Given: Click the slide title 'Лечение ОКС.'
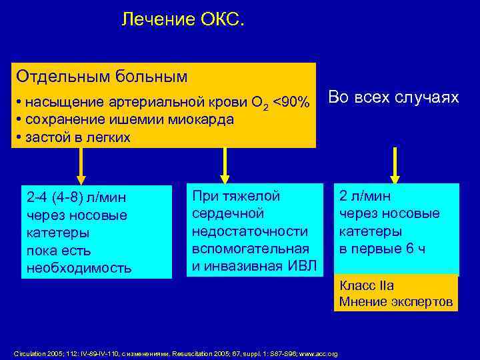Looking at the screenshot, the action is (x=183, y=21).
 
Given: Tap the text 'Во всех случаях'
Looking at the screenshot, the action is (x=394, y=98).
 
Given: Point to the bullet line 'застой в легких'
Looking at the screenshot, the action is (x=77, y=137).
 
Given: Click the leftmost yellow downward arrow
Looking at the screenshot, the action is (x=81, y=165).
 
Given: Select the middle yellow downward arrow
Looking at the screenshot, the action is (x=225, y=164).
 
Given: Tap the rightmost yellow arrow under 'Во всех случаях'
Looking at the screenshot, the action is (x=395, y=164).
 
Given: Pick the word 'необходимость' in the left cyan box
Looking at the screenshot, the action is (x=78, y=268).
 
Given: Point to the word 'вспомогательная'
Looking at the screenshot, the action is (x=249, y=248).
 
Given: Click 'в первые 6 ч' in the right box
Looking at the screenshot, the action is (x=382, y=249).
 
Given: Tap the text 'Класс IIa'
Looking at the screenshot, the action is (x=367, y=286).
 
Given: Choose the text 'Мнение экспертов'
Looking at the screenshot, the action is (x=396, y=302).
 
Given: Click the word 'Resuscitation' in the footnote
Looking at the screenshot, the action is (x=193, y=353).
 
